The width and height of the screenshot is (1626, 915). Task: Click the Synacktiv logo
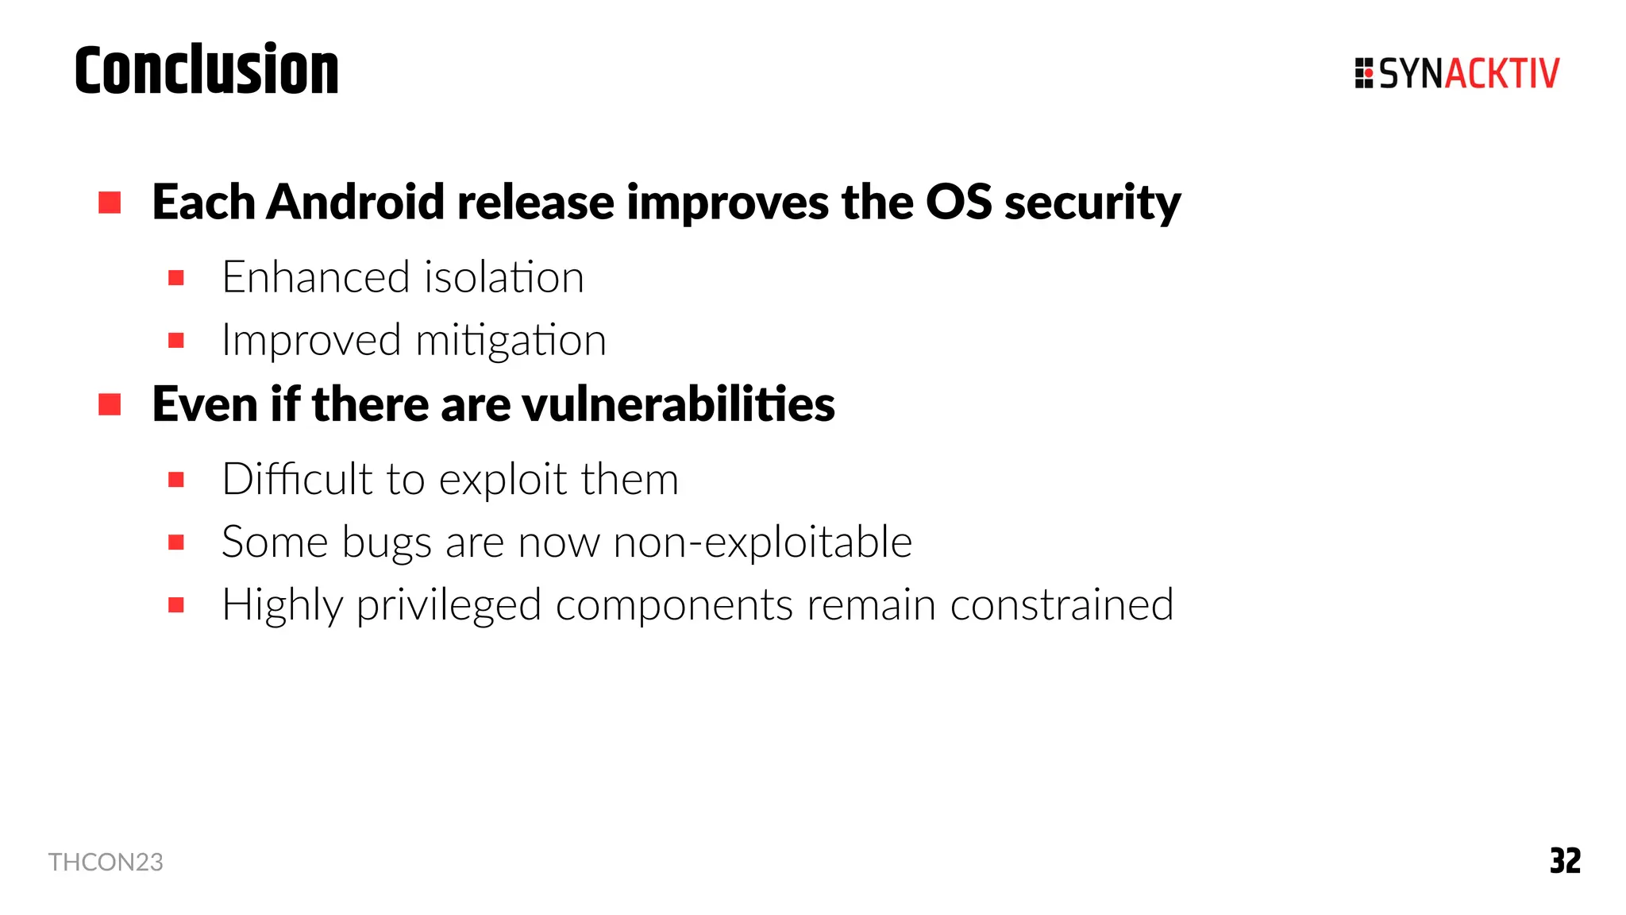click(x=1457, y=73)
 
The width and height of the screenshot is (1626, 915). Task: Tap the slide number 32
click(x=1565, y=861)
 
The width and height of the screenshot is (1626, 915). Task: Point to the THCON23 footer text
click(x=106, y=862)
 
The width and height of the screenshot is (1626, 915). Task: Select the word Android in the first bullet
click(x=355, y=202)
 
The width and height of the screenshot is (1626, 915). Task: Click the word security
click(x=1092, y=203)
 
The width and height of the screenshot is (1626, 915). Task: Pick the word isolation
click(x=504, y=277)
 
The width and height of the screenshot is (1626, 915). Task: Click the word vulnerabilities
click(x=679, y=404)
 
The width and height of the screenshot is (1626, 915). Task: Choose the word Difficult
click(x=297, y=479)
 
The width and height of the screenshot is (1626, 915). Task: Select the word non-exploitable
click(x=762, y=542)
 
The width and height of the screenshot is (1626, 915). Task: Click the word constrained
click(x=1062, y=604)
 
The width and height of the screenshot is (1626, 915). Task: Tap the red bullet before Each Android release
click(x=110, y=203)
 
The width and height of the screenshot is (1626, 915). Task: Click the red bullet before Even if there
click(x=110, y=404)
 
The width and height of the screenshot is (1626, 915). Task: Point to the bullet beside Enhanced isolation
click(x=176, y=278)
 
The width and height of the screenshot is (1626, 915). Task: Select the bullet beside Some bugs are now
click(x=176, y=542)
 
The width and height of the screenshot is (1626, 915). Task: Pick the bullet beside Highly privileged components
click(x=176, y=605)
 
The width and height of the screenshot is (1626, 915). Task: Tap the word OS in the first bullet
click(x=958, y=202)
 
